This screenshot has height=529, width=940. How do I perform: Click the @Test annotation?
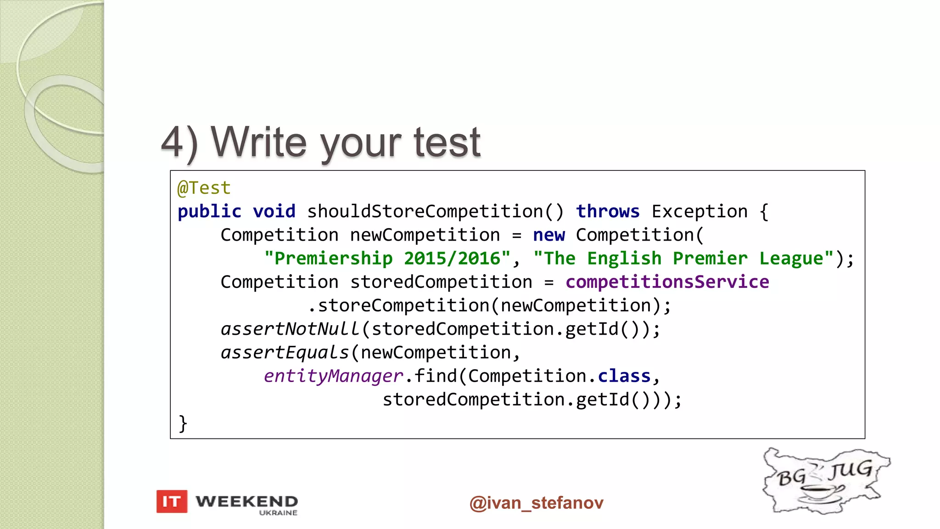pyautogui.click(x=204, y=188)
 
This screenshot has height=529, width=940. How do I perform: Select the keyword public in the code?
pyautogui.click(x=209, y=211)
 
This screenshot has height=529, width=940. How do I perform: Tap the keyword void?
pyautogui.click(x=274, y=211)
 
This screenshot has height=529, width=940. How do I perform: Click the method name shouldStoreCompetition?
pyautogui.click(x=425, y=211)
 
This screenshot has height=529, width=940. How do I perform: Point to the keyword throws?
pyautogui.click(x=608, y=211)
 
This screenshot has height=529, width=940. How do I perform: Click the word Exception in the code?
pyautogui.click(x=699, y=211)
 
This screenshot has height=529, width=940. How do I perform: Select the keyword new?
pyautogui.click(x=549, y=235)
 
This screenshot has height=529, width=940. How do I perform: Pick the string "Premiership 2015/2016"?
pyautogui.click(x=387, y=259)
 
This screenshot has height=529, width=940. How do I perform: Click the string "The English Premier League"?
pyautogui.click(x=683, y=259)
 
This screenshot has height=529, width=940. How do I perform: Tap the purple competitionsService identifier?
pyautogui.click(x=667, y=282)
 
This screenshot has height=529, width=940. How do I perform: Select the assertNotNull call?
pyautogui.click(x=290, y=329)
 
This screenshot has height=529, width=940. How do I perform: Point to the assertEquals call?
pyautogui.click(x=285, y=353)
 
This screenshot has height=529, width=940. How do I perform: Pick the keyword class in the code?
pyautogui.click(x=624, y=376)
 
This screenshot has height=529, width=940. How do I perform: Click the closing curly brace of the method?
pyautogui.click(x=183, y=423)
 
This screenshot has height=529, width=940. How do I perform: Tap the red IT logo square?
pyautogui.click(x=172, y=501)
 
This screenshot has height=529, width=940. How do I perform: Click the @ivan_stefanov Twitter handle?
pyautogui.click(x=536, y=503)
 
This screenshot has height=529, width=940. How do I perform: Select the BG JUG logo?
pyautogui.click(x=825, y=480)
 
